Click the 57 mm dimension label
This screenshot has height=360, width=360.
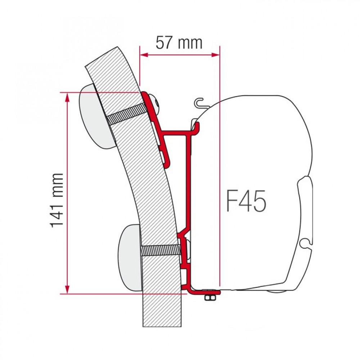[x=179, y=43]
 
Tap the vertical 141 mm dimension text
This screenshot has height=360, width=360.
[x=57, y=200]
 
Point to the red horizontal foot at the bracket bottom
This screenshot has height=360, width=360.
[x=202, y=290]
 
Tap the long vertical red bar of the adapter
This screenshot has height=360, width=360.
[x=188, y=180]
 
